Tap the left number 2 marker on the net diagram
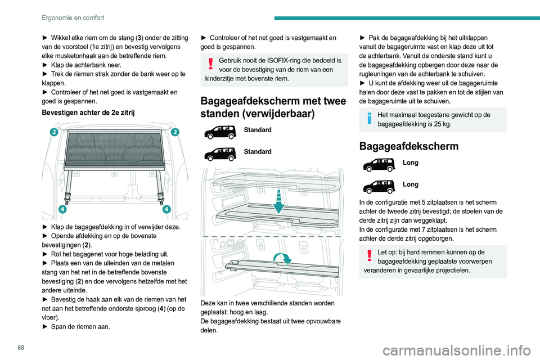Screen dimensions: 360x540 tap(53, 132)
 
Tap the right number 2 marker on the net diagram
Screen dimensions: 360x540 tap(175, 132)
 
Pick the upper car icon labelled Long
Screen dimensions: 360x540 tap(379, 164)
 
